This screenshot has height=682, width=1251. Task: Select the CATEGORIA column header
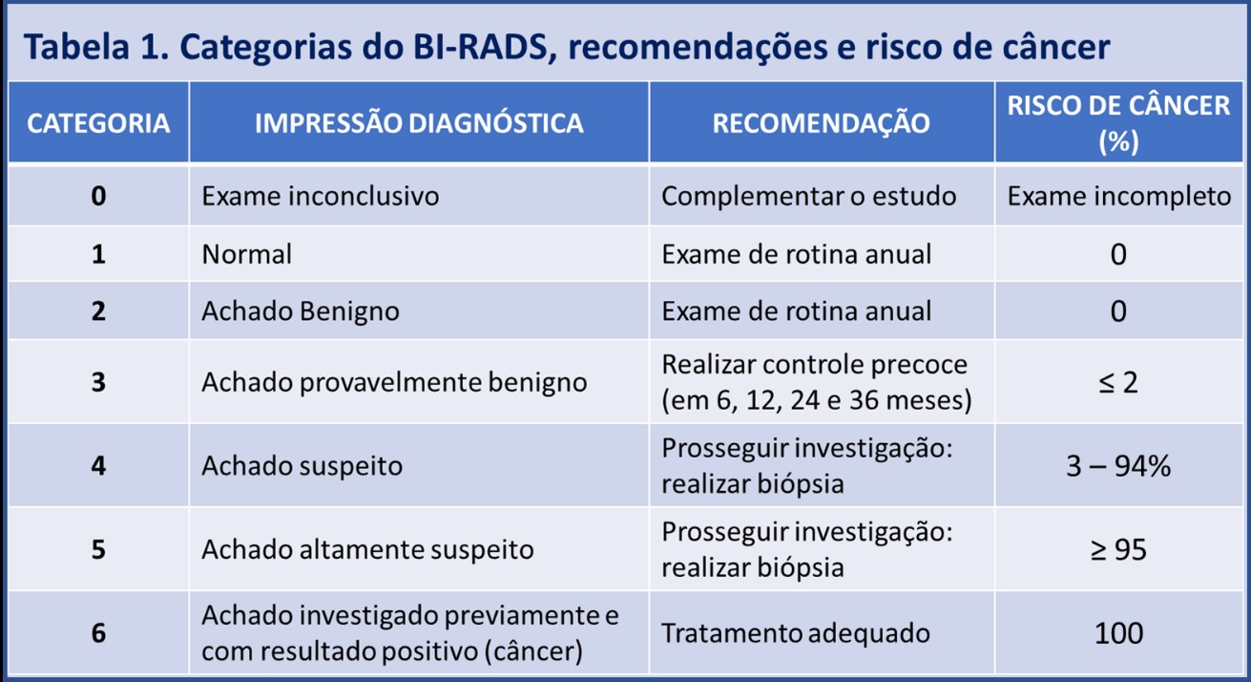pos(98,123)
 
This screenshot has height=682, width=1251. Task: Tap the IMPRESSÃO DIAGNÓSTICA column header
pos(419,123)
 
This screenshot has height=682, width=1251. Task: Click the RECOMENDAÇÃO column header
pos(822,123)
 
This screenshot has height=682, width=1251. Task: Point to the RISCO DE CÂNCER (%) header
pos(1119,123)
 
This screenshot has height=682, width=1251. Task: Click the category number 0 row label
pos(98,196)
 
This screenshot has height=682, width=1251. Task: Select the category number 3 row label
pos(98,382)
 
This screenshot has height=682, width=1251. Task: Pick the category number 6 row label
pos(98,633)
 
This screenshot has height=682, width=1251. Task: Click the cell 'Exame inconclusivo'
pos(321,196)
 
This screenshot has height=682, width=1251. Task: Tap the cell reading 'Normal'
pos(247,254)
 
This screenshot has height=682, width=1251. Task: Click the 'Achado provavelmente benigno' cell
pos(393,382)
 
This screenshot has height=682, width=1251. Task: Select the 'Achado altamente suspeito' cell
pos(367,550)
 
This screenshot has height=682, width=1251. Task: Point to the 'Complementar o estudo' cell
pos(809,196)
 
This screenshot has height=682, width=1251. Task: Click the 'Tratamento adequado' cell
pos(796,633)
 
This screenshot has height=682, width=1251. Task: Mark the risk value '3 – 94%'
pos(1119,467)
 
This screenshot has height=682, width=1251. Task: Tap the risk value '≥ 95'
pos(1119,550)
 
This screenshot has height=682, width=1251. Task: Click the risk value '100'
pos(1119,633)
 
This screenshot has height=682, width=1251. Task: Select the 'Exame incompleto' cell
pos(1119,196)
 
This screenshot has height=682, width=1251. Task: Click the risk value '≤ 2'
pos(1119,382)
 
